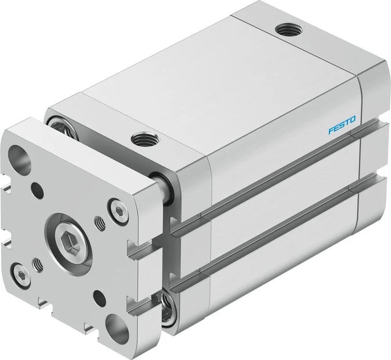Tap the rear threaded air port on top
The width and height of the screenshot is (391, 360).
click(x=289, y=30)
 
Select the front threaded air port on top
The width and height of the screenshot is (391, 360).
click(x=144, y=139)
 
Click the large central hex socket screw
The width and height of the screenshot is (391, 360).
click(x=68, y=239)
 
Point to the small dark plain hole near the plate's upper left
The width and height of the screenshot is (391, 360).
click(x=38, y=190)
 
